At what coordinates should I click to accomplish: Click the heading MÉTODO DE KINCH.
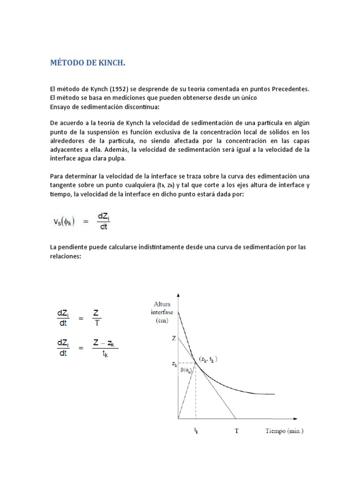tap(88, 63)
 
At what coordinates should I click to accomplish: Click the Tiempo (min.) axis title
tap(284, 431)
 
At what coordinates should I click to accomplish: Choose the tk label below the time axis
tap(195, 431)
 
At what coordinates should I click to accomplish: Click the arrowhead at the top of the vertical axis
tap(179, 295)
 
